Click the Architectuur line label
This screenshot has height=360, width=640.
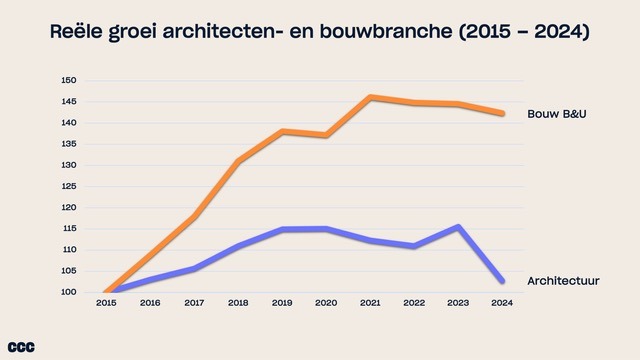coord(563,281)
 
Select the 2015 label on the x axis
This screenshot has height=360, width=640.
coord(106,303)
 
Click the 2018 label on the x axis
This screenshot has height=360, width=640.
coord(238,303)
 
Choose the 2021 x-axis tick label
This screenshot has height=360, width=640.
coord(371,303)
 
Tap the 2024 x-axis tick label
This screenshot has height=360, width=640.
coord(503,303)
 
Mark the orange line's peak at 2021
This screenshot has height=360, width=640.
coord(371,97)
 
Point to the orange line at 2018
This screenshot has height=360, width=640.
coord(238,161)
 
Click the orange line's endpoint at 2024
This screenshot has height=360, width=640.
coord(502,113)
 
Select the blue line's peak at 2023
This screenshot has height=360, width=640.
coord(459,227)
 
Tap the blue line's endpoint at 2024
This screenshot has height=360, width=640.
coord(502,281)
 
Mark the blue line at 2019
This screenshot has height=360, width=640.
coord(283,229)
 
